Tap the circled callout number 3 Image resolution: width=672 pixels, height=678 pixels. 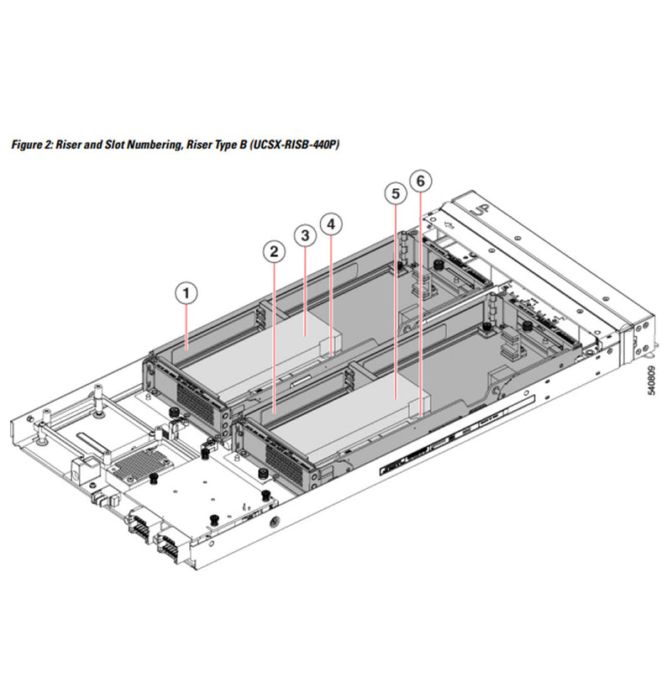tap(306, 234)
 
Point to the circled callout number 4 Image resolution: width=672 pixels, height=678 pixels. tap(333, 224)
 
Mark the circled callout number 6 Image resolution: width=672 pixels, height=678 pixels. tap(422, 180)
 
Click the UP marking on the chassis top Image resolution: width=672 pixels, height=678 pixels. tap(480, 204)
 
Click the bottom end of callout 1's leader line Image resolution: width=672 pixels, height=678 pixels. tap(188, 344)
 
